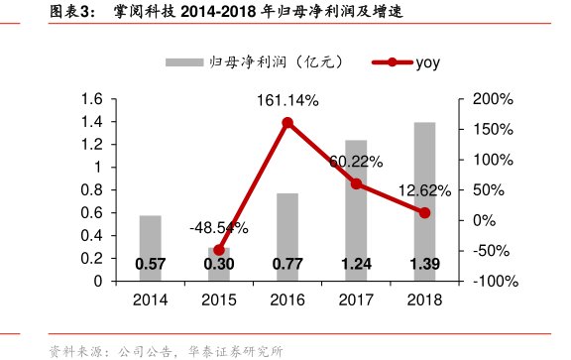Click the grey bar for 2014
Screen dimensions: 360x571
click(151, 247)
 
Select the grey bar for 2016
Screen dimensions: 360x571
click(287, 236)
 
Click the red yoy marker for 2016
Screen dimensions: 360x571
click(287, 123)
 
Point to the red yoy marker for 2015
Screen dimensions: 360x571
click(219, 250)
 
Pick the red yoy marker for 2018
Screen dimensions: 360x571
click(424, 212)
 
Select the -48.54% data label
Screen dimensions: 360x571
click(218, 228)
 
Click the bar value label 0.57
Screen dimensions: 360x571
click(151, 265)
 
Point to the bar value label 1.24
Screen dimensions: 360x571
click(356, 265)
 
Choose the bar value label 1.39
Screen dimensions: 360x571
click(424, 265)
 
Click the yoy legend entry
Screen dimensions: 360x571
click(406, 62)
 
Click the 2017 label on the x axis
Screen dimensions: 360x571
click(356, 300)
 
